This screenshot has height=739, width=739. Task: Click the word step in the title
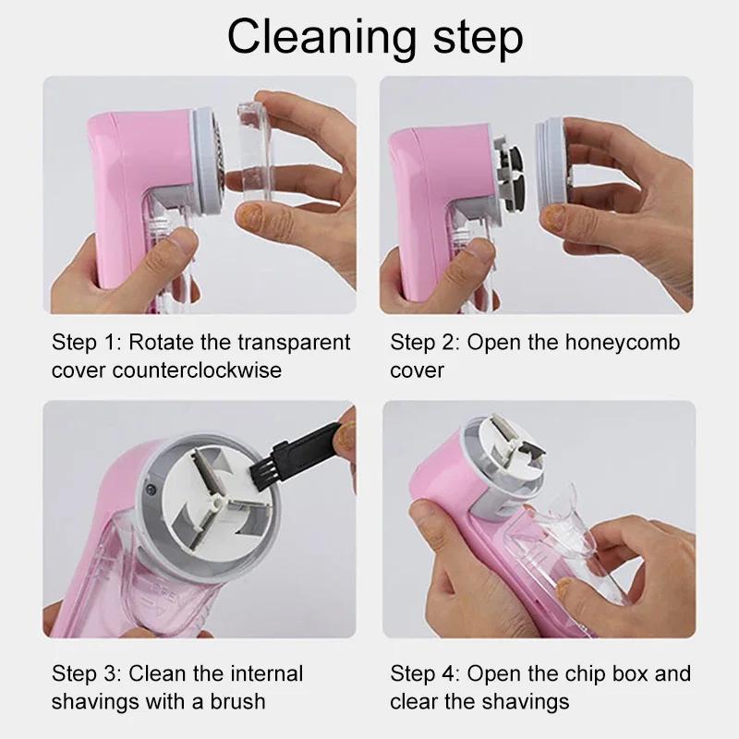[473, 39]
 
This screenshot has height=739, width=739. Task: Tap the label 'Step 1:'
[83, 343]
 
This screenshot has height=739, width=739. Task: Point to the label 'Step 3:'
[83, 673]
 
